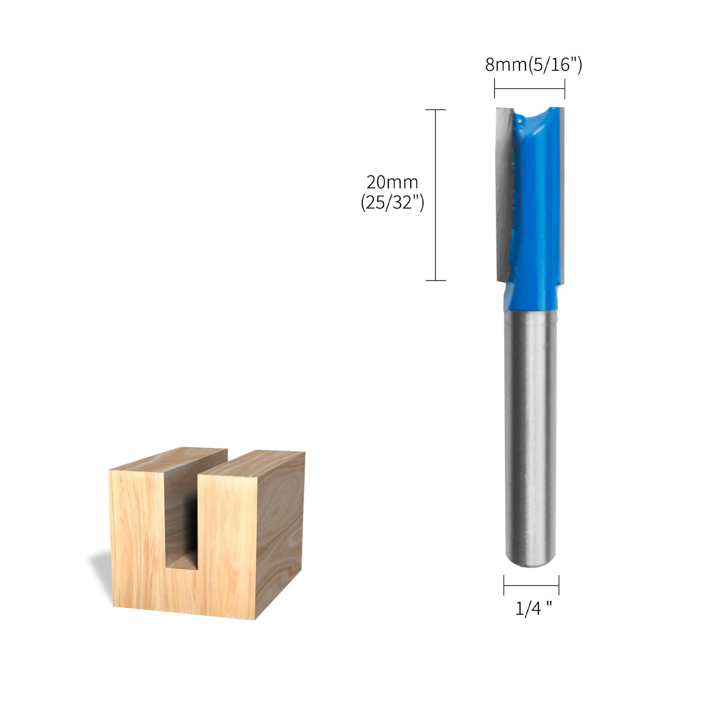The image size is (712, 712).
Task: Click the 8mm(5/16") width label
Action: [x=533, y=65]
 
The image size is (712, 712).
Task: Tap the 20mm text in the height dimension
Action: [x=392, y=182]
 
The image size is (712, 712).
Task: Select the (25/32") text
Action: [x=392, y=203]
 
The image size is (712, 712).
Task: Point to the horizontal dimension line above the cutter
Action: [x=529, y=89]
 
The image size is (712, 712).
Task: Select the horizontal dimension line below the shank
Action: [x=531, y=586]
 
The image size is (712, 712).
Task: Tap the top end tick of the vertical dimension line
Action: [x=436, y=110]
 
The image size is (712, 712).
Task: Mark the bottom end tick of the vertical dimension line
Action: [x=436, y=280]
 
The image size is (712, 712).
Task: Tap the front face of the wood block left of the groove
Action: [x=136, y=534]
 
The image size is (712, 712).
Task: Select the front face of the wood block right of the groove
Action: [x=225, y=546]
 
